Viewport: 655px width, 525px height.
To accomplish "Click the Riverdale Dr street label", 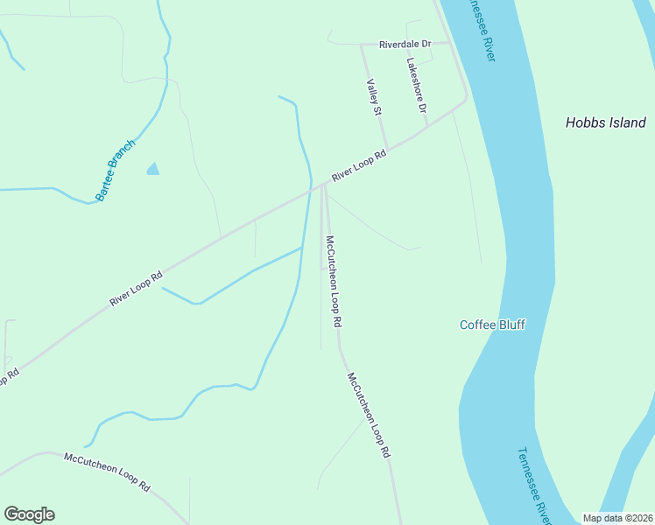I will (x=405, y=44).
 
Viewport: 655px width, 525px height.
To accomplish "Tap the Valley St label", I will (x=374, y=97).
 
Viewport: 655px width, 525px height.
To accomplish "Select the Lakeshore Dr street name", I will (x=416, y=86).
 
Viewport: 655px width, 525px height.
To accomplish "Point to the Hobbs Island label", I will (x=605, y=123).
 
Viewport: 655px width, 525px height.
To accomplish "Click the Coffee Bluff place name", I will (x=493, y=325).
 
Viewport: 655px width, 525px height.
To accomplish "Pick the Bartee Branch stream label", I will (x=116, y=171).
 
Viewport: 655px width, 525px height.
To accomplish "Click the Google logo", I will (x=29, y=514).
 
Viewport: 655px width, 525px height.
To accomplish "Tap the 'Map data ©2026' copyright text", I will (x=618, y=518).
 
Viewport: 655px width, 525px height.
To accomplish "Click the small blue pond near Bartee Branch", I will (x=153, y=169).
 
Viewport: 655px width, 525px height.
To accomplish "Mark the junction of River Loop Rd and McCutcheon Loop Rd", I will (x=323, y=184).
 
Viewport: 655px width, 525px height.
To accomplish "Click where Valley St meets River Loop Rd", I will (x=387, y=150).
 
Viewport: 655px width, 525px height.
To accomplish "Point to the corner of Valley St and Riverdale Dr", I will (x=362, y=44).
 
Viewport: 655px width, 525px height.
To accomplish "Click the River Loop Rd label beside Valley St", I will (x=359, y=166).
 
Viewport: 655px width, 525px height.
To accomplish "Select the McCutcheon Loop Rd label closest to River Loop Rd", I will (x=333, y=281).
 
